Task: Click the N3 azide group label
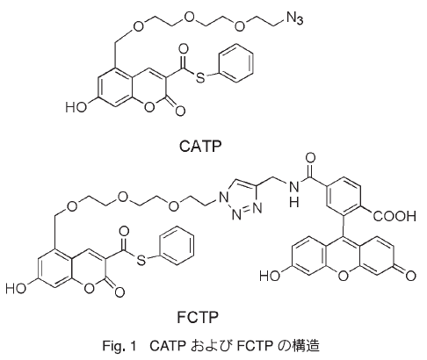pyautogui.click(x=294, y=18)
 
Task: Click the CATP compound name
pyautogui.click(x=200, y=146)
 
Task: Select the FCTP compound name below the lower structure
pyautogui.click(x=198, y=317)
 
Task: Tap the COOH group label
pyautogui.click(x=394, y=216)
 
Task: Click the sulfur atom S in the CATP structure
pyautogui.click(x=200, y=77)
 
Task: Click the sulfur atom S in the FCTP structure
pyautogui.click(x=141, y=260)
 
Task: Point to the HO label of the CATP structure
pyautogui.click(x=76, y=107)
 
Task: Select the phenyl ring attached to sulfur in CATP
pyautogui.click(x=236, y=63)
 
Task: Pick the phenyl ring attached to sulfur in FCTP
pyautogui.click(x=177, y=245)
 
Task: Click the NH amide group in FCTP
pyautogui.click(x=293, y=193)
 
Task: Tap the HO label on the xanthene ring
pyautogui.click(x=270, y=276)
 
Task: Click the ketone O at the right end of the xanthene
pyautogui.click(x=410, y=276)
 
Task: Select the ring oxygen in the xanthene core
pyautogui.click(x=343, y=276)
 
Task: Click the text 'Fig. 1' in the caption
pyautogui.click(x=119, y=346)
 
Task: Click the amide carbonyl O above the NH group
pyautogui.click(x=310, y=158)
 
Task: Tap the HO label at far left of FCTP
pyautogui.click(x=16, y=289)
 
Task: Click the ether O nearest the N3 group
pyautogui.click(x=239, y=26)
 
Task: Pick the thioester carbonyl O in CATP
pyautogui.click(x=184, y=49)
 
